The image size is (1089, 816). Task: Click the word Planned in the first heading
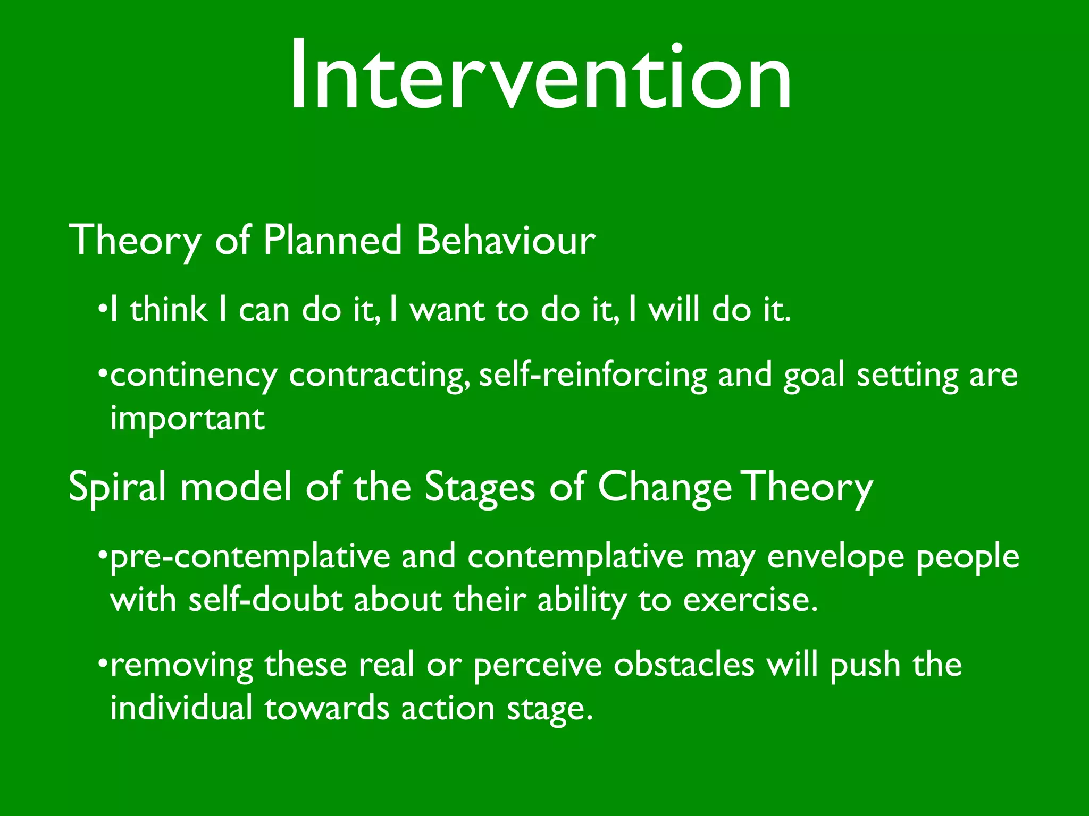(x=332, y=241)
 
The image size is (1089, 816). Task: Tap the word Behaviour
(x=506, y=241)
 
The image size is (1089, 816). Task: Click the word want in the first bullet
(x=447, y=310)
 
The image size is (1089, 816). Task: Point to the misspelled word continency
(x=194, y=376)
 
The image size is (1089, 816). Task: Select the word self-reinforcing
(x=593, y=375)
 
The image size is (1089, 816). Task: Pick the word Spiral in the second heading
(x=118, y=488)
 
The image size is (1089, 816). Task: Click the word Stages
(x=479, y=488)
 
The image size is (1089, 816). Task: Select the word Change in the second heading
(x=665, y=488)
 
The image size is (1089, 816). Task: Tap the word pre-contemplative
(x=250, y=558)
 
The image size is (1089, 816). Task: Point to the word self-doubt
(x=265, y=600)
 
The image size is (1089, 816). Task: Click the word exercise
(x=750, y=600)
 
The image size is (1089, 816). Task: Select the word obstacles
(x=684, y=665)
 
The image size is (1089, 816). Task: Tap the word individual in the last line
(x=181, y=709)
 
